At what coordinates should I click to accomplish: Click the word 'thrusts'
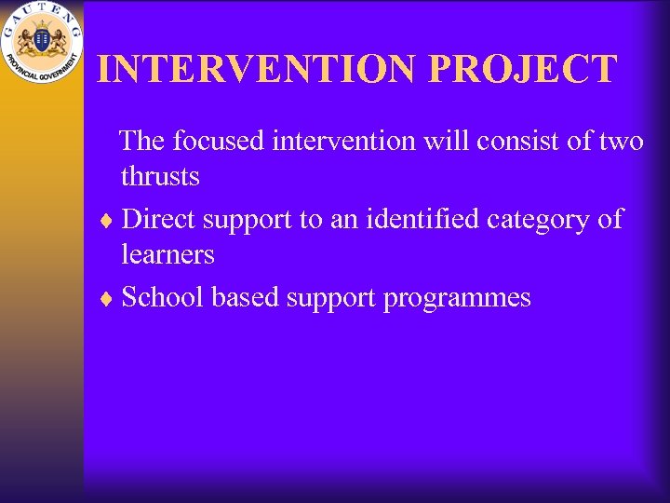coord(160,176)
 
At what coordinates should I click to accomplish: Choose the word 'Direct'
coord(159,219)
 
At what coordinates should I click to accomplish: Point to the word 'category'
coord(538,219)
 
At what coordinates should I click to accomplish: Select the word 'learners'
coord(167,254)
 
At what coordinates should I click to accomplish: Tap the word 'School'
coord(164,297)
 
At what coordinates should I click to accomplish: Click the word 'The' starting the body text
coord(142,141)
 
